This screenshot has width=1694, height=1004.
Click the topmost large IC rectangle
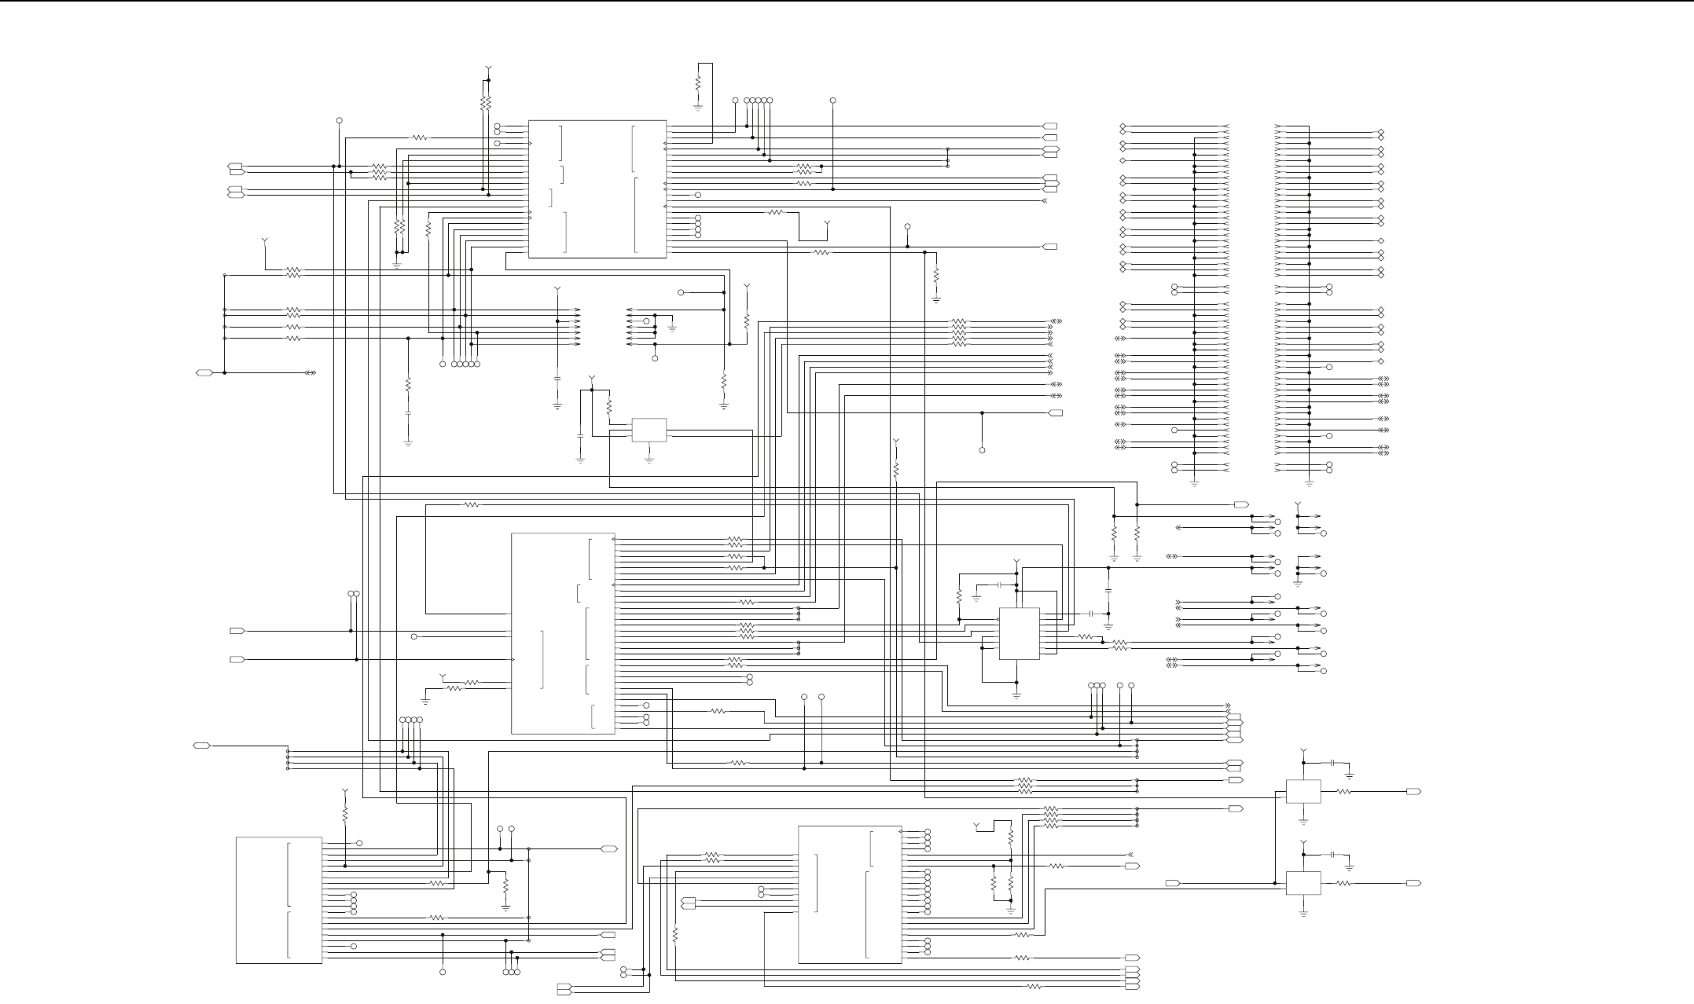597,189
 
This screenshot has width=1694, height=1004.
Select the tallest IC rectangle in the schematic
563,633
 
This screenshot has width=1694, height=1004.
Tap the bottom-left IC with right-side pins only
279,900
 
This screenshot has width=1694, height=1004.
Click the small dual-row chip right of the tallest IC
1019,633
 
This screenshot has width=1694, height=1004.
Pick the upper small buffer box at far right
1303,792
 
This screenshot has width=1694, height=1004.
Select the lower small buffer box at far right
1303,883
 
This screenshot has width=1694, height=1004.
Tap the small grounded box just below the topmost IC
649,430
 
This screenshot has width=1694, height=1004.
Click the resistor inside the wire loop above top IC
697,82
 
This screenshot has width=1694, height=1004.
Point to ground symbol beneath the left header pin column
1194,483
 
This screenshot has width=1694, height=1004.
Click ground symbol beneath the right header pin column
1309,483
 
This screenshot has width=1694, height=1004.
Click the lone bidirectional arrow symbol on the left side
311,372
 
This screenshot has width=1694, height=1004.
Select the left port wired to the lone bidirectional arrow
203,372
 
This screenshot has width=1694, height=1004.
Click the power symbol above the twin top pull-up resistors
488,69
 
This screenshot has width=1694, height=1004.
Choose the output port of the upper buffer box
1413,792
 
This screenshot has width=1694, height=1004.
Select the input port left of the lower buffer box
1172,883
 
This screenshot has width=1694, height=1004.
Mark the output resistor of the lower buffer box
1343,883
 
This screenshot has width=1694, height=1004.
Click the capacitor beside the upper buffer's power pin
1333,763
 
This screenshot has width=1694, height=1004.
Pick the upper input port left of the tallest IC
237,631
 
